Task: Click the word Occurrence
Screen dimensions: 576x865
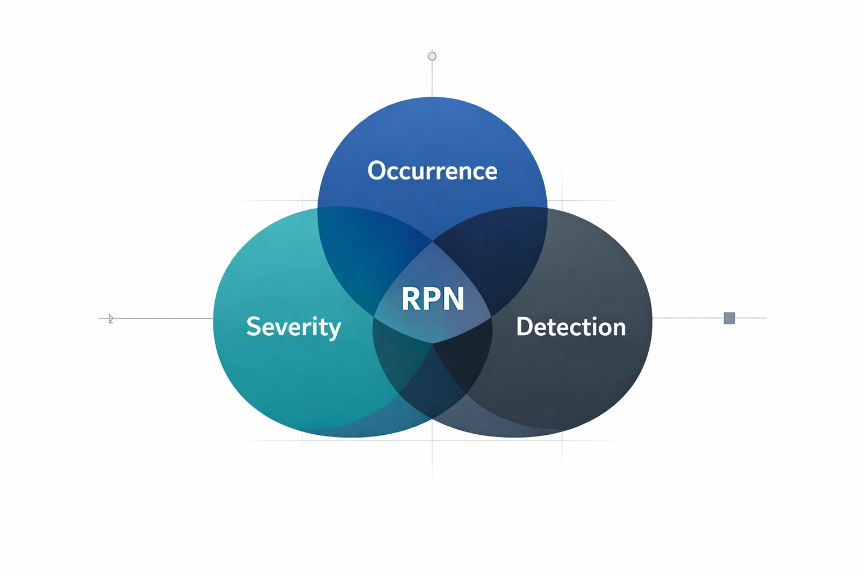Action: point(432,170)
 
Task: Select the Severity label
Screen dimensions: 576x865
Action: point(293,327)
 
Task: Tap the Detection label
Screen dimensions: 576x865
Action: point(570,327)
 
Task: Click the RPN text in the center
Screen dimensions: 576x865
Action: point(432,299)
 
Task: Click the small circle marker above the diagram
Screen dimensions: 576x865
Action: point(432,56)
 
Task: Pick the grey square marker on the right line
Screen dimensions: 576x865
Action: point(729,318)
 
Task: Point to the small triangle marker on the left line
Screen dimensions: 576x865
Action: point(110,319)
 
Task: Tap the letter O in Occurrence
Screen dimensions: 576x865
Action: point(376,170)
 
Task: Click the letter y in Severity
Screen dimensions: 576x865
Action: point(334,329)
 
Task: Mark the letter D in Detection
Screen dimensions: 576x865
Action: point(525,327)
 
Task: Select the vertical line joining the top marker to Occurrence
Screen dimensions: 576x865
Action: point(432,79)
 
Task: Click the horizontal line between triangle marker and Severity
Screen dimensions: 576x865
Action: point(163,318)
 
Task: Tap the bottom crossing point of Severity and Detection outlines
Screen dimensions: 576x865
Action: point(432,418)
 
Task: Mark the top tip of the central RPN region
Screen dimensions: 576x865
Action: point(432,242)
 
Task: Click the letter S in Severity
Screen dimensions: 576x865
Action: point(254,327)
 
